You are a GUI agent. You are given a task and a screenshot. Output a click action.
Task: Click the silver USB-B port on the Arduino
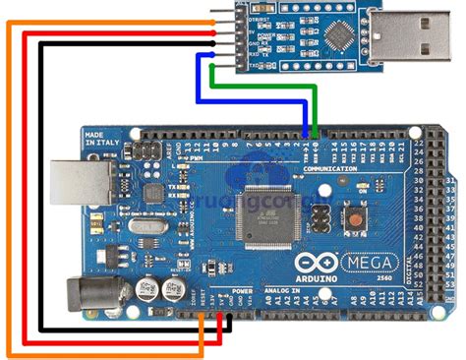tap(80, 183)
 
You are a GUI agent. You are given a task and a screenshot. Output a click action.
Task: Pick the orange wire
tap(10, 197)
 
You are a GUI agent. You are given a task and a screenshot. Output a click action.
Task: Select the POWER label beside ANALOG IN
tap(242, 293)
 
